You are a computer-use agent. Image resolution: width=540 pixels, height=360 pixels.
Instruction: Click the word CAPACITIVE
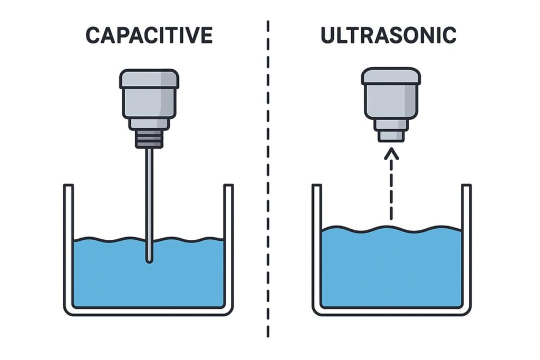click(149, 35)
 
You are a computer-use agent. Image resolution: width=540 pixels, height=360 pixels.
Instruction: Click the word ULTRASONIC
click(389, 35)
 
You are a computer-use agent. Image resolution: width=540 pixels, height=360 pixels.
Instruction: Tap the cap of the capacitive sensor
click(149, 79)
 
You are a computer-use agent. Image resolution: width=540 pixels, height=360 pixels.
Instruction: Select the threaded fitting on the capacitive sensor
click(149, 139)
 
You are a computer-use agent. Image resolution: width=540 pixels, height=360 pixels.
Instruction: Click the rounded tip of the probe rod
click(149, 260)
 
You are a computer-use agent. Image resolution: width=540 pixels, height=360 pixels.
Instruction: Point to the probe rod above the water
click(149, 193)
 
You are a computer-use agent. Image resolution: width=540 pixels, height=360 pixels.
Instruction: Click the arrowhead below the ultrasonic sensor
click(391, 153)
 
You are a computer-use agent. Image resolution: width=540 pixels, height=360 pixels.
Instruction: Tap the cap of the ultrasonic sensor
click(391, 76)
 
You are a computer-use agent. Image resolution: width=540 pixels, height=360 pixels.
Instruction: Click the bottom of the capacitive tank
click(148, 311)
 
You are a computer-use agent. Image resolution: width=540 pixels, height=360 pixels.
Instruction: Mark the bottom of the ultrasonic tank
click(392, 311)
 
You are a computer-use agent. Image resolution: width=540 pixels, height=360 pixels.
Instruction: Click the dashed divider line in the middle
click(268, 179)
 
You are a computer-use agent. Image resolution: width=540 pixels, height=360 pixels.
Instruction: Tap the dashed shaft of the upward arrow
click(391, 189)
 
